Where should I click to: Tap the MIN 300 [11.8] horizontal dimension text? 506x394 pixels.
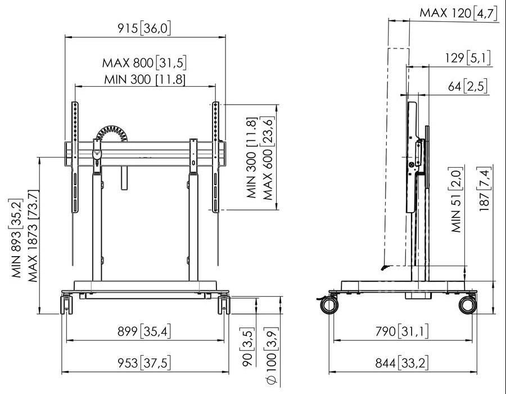click(x=144, y=79)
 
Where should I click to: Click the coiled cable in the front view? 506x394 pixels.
click(x=112, y=133)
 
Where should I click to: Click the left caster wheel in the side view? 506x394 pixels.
click(x=329, y=306)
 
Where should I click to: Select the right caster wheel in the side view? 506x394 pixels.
click(x=467, y=305)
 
